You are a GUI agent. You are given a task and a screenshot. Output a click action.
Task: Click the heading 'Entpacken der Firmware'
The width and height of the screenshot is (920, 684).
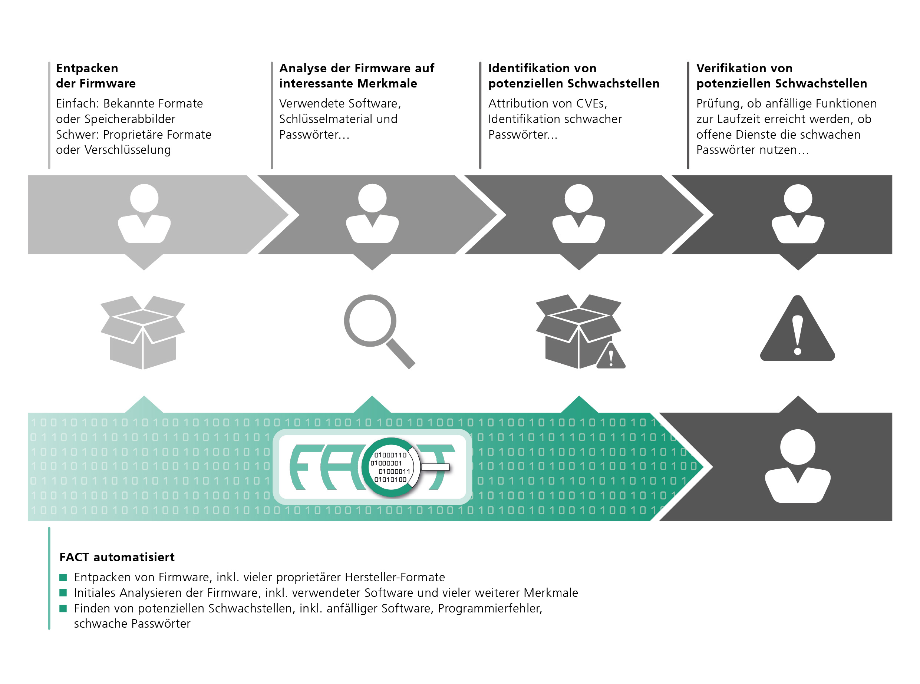point(96,75)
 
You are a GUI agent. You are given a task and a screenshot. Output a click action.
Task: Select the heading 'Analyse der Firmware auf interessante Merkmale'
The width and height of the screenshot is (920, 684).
point(356,75)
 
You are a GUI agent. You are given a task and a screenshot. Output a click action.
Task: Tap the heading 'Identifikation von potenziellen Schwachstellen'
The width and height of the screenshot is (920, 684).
point(573,75)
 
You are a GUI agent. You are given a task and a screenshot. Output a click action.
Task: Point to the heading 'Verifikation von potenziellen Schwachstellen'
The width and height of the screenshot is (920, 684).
point(781,75)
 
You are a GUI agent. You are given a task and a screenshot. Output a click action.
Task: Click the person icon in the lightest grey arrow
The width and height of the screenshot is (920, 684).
point(144,213)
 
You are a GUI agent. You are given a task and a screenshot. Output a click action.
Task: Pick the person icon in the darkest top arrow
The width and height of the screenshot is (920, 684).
point(798,213)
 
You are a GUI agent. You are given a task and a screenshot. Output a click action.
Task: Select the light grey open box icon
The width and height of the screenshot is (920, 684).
point(143,332)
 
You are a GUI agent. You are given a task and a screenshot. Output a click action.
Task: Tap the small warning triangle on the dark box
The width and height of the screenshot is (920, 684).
point(611,355)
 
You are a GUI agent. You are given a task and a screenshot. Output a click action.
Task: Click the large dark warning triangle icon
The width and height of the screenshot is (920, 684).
point(797,328)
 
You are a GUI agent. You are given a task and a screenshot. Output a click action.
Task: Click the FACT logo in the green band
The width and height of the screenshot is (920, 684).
point(372,467)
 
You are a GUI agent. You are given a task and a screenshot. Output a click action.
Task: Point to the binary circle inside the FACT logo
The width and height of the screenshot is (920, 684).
point(390,467)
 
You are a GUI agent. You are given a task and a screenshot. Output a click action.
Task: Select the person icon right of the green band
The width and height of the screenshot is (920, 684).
point(797,466)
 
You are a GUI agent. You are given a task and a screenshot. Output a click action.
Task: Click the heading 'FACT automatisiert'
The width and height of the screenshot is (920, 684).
point(117,557)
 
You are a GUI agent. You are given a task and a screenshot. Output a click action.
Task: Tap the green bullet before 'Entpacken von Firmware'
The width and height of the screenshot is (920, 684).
point(63,577)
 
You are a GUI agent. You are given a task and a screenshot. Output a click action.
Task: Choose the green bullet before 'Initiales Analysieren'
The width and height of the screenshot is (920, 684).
point(63,592)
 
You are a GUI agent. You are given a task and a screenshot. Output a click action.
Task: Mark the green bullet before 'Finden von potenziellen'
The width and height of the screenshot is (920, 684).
point(63,608)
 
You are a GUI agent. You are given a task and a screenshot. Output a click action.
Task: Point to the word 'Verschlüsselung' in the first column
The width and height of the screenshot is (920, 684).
point(128,149)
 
